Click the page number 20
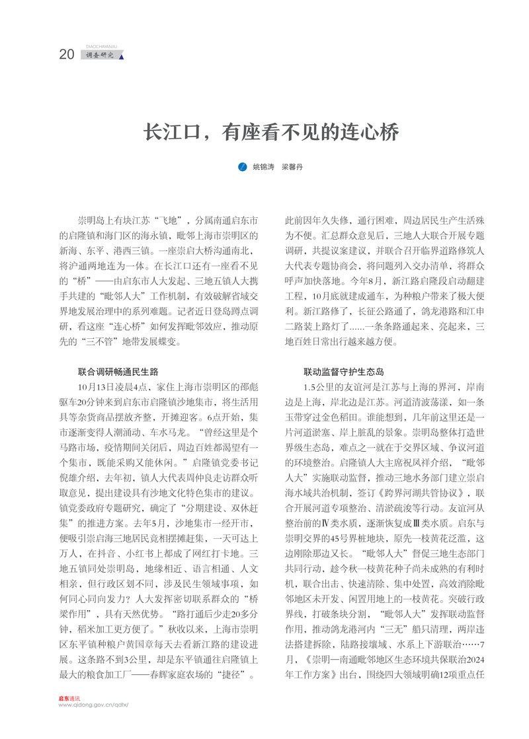coord(67,55)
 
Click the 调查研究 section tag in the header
coord(100,55)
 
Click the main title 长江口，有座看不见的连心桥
coord(272,132)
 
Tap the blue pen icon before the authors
coord(242,168)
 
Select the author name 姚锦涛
coord(264,168)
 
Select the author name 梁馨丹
coord(292,168)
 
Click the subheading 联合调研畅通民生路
coord(118,372)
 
